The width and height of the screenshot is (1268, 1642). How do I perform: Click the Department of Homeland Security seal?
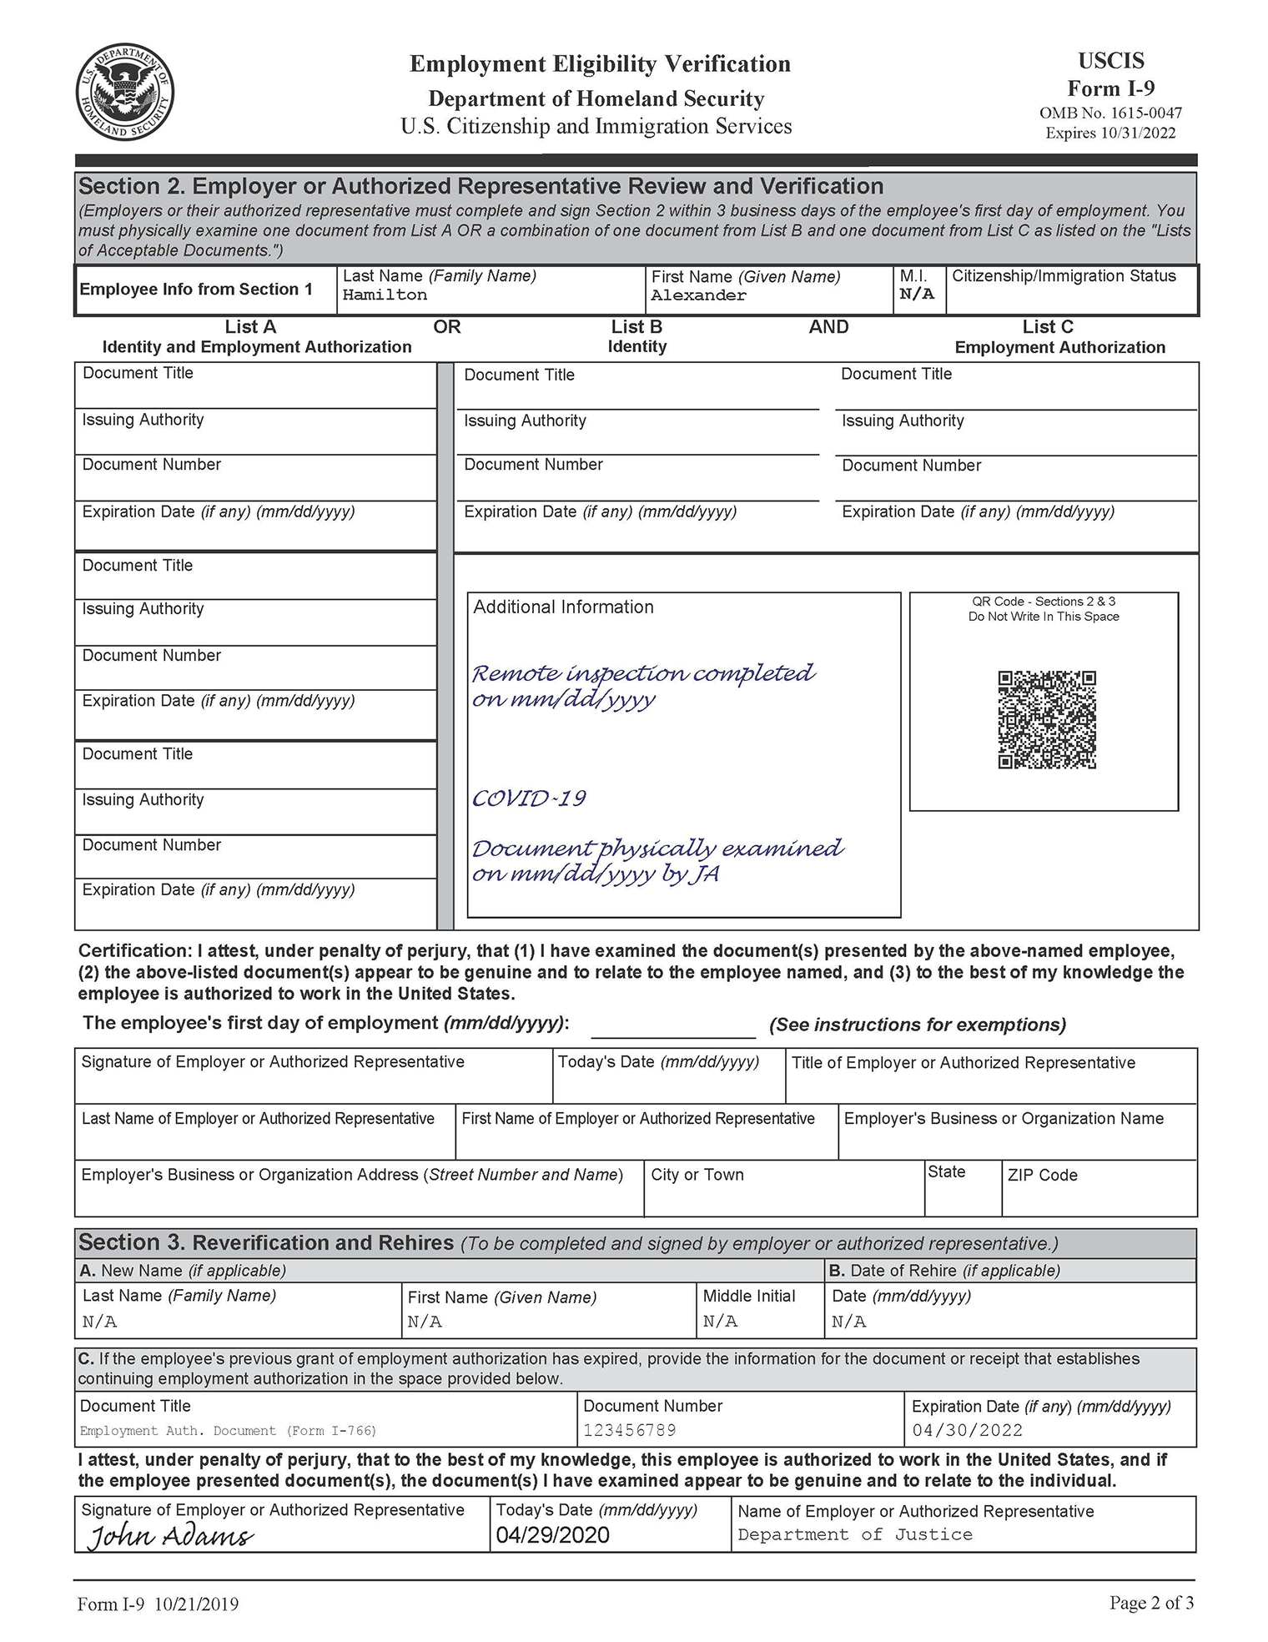[x=125, y=92]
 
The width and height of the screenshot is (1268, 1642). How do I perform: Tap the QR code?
[x=1047, y=719]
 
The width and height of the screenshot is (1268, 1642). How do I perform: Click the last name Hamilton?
[x=385, y=295]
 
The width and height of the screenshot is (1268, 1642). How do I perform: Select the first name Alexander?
[x=699, y=295]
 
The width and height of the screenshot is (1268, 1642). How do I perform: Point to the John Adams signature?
[x=171, y=1536]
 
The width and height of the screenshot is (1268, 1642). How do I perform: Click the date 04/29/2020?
[x=552, y=1535]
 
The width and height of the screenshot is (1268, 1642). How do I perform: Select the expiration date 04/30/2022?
[x=968, y=1430]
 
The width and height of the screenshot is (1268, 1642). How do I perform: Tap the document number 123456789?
[x=630, y=1430]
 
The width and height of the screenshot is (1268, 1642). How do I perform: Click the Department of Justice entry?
[x=855, y=1535]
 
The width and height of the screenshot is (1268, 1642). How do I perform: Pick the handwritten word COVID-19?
[x=529, y=798]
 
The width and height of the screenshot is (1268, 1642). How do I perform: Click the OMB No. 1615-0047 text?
[x=1110, y=113]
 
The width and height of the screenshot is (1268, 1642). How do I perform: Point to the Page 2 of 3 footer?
[x=1151, y=1603]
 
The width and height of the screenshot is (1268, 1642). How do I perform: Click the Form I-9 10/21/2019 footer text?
[x=158, y=1604]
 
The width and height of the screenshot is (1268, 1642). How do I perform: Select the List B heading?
[x=637, y=327]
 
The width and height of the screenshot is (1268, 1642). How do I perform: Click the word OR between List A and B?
[x=447, y=327]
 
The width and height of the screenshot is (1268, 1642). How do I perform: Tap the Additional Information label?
[x=563, y=607]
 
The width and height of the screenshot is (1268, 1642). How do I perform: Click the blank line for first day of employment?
[x=672, y=1028]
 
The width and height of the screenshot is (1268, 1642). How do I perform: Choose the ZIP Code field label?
[x=1042, y=1176]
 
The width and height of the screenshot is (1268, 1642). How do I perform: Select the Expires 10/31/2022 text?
[x=1110, y=133]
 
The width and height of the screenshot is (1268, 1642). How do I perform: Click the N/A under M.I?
[x=917, y=295]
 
